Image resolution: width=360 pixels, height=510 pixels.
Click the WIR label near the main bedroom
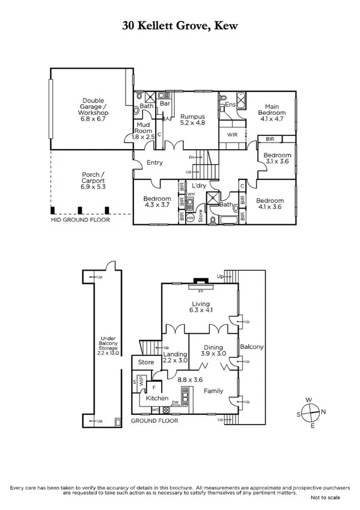[x=232, y=135]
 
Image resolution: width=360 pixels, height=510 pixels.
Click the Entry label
[x=154, y=163]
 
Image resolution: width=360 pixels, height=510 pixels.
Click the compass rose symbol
[x=310, y=413]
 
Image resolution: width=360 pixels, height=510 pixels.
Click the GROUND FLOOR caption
[x=155, y=422]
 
